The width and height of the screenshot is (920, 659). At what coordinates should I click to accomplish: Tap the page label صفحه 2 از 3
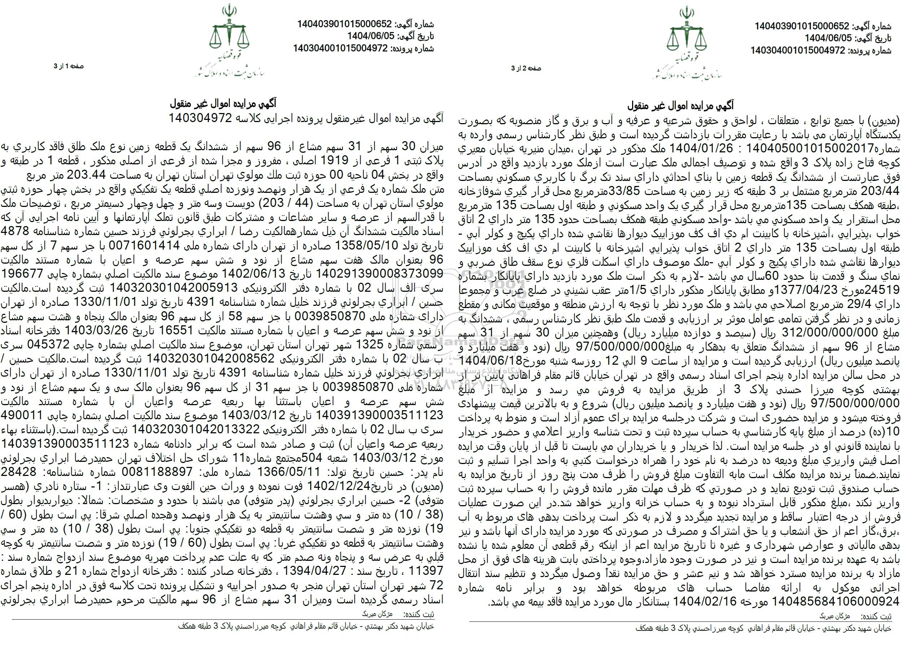[x=526, y=68]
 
